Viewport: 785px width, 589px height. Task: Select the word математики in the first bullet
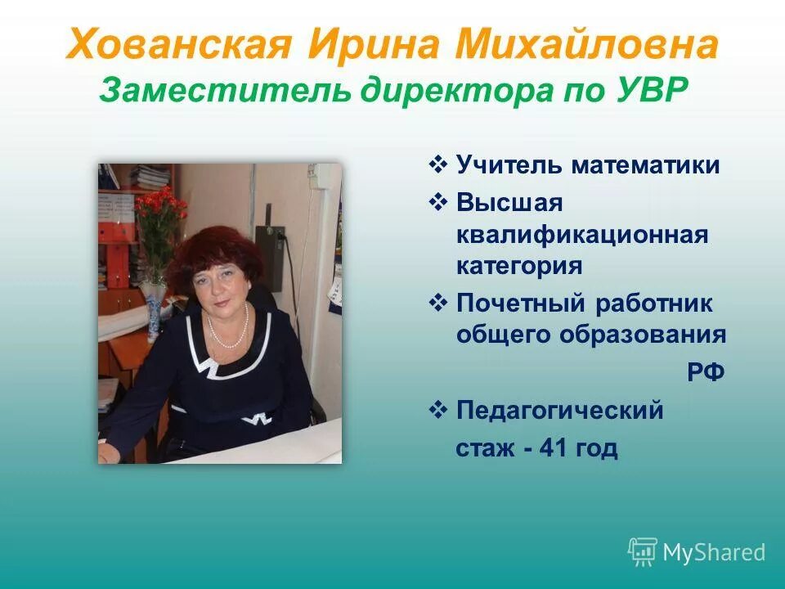[646, 165]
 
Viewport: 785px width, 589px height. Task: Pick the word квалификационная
[581, 236]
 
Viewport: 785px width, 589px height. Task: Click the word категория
[519, 266]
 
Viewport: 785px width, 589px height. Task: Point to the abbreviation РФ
[705, 372]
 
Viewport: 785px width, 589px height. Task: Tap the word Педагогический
[560, 410]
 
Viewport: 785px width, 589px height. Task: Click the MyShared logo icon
[643, 552]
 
